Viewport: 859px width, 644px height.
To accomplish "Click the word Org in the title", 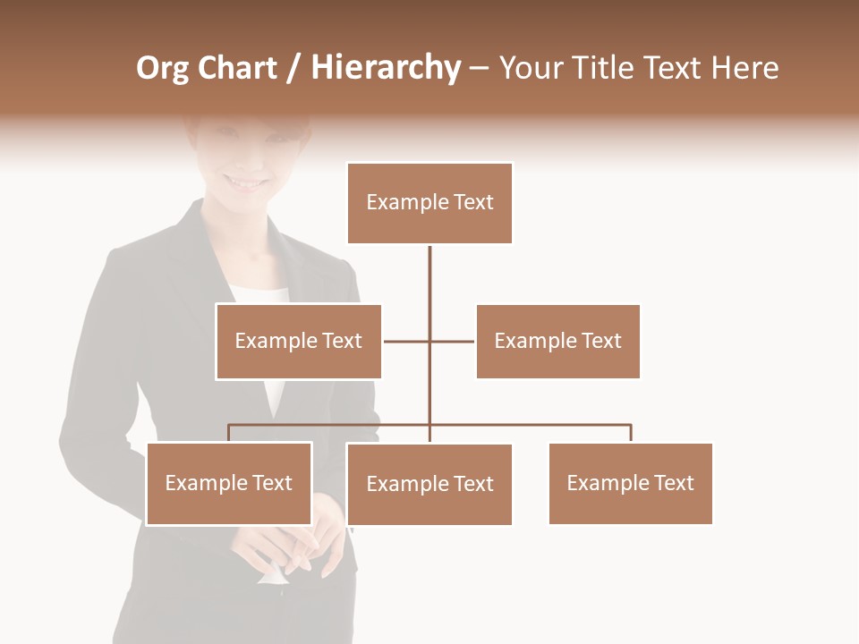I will click(x=162, y=69).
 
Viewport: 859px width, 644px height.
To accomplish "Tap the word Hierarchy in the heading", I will click(x=385, y=68).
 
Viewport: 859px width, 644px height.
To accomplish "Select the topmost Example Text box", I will click(x=429, y=203).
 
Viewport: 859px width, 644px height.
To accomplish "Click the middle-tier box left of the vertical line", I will click(x=298, y=342).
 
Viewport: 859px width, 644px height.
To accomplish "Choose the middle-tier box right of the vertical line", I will click(x=557, y=342).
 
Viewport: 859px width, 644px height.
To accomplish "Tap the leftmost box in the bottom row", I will click(x=229, y=484).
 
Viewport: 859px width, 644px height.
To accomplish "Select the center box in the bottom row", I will click(x=429, y=485).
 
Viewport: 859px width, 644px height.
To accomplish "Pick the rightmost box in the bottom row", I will click(x=630, y=484).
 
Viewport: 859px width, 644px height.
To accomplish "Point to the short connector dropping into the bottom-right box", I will click(x=631, y=433).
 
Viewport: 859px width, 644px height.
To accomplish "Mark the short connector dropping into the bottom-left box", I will click(x=229, y=433).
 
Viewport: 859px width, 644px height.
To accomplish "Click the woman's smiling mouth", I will click(x=246, y=182).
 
